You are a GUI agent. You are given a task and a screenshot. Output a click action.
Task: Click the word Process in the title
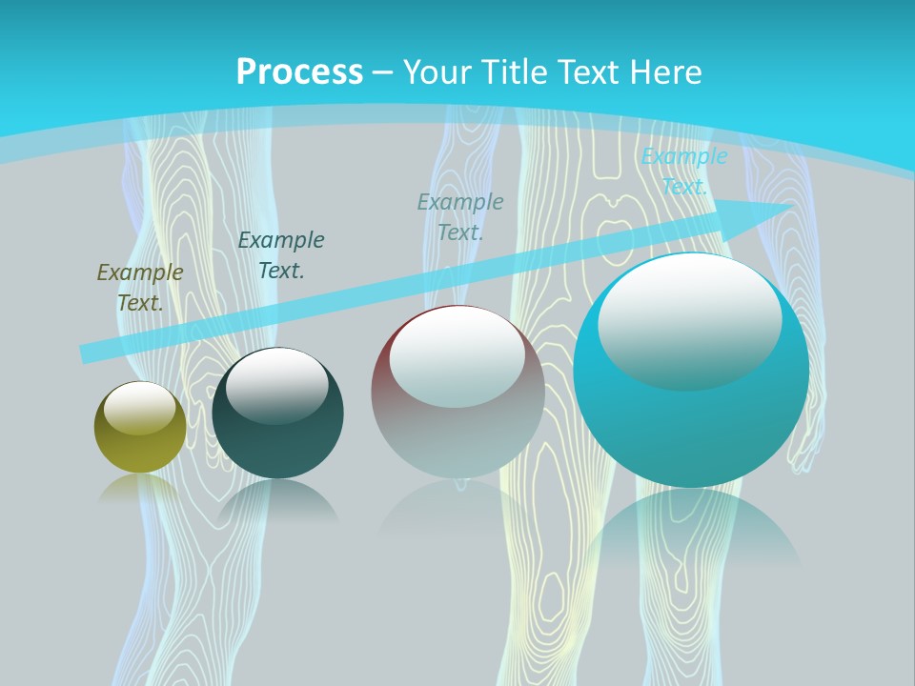(299, 72)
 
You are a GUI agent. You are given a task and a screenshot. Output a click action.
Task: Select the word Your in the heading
(437, 72)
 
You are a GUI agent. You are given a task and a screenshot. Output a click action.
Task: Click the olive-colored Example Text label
(140, 288)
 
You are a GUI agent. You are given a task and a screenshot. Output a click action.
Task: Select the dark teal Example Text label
(281, 255)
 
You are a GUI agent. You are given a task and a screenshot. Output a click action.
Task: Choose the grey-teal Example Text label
(460, 216)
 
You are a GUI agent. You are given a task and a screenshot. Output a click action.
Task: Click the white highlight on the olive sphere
(140, 408)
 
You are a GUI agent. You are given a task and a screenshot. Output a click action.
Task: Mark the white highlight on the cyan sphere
(689, 320)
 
